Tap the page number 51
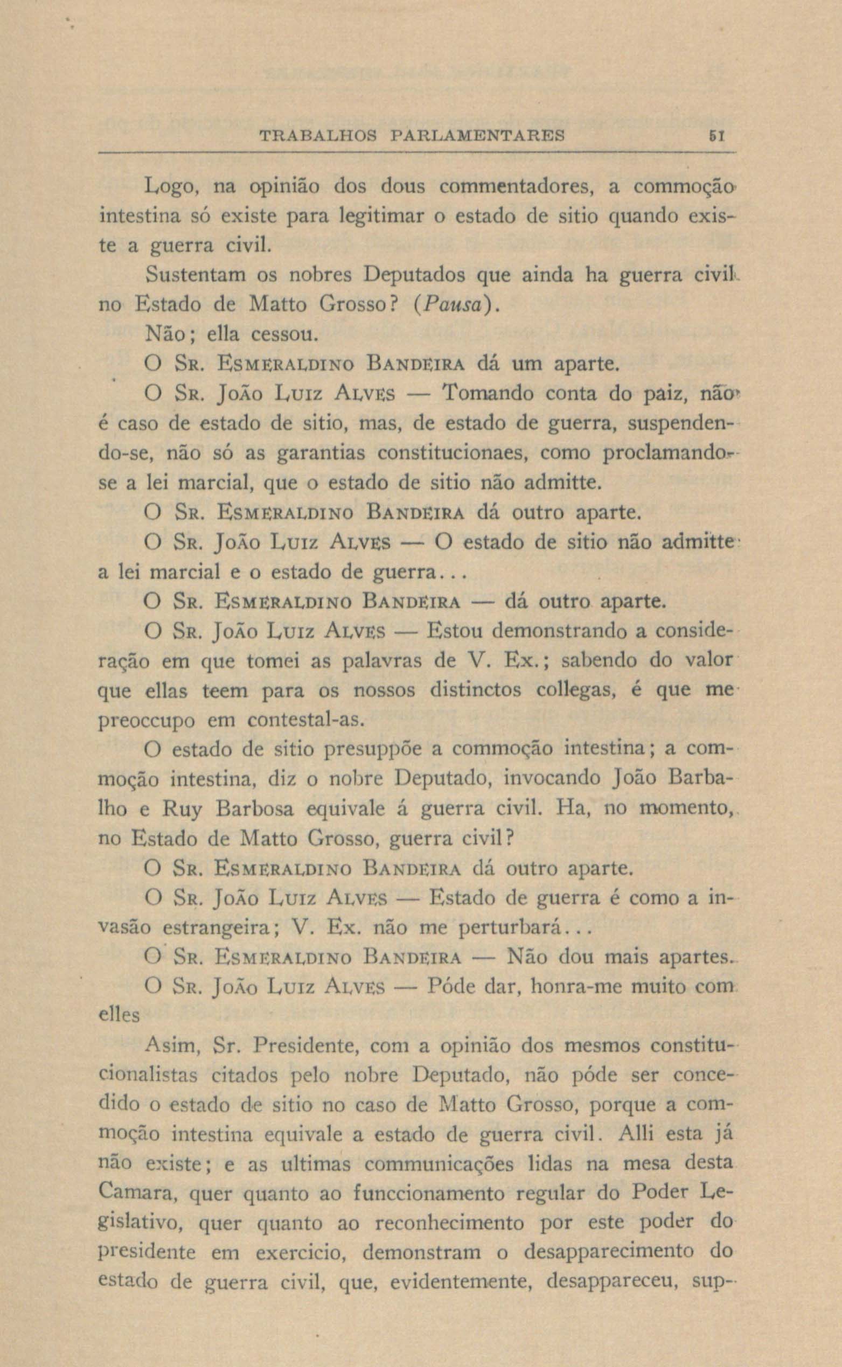pos(714,135)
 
